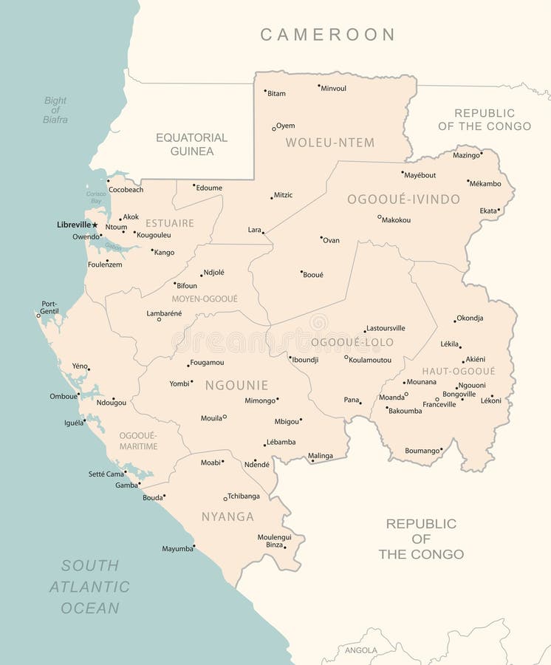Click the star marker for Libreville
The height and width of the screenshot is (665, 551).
(95, 225)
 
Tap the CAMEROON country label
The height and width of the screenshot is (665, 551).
(328, 34)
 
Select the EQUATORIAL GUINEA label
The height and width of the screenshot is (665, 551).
(191, 144)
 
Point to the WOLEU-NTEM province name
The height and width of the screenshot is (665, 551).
(329, 143)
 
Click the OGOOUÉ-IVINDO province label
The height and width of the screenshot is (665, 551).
(403, 199)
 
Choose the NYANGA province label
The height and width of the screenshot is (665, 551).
(227, 516)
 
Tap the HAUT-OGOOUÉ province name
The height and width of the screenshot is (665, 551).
(459, 371)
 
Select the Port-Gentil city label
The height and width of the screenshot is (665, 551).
(49, 307)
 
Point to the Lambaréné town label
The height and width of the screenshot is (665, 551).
(164, 313)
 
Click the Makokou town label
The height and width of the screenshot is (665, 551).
(396, 220)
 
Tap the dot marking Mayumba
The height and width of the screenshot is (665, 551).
(194, 547)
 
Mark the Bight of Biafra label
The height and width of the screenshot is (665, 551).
(55, 110)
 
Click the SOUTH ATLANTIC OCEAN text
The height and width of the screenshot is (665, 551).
(89, 587)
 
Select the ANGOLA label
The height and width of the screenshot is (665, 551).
(361, 650)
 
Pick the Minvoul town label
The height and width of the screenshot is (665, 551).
(333, 89)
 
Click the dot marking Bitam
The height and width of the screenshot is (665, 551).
(265, 91)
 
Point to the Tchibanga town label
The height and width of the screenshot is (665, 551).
(244, 496)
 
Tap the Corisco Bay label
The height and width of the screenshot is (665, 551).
(95, 197)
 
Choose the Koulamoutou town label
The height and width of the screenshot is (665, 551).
(370, 360)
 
